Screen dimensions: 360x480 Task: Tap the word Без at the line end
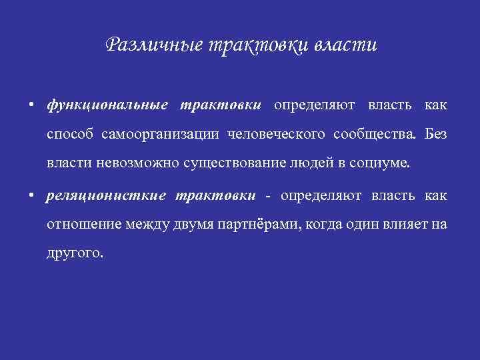coord(436,135)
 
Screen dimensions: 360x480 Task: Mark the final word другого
coord(75,253)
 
